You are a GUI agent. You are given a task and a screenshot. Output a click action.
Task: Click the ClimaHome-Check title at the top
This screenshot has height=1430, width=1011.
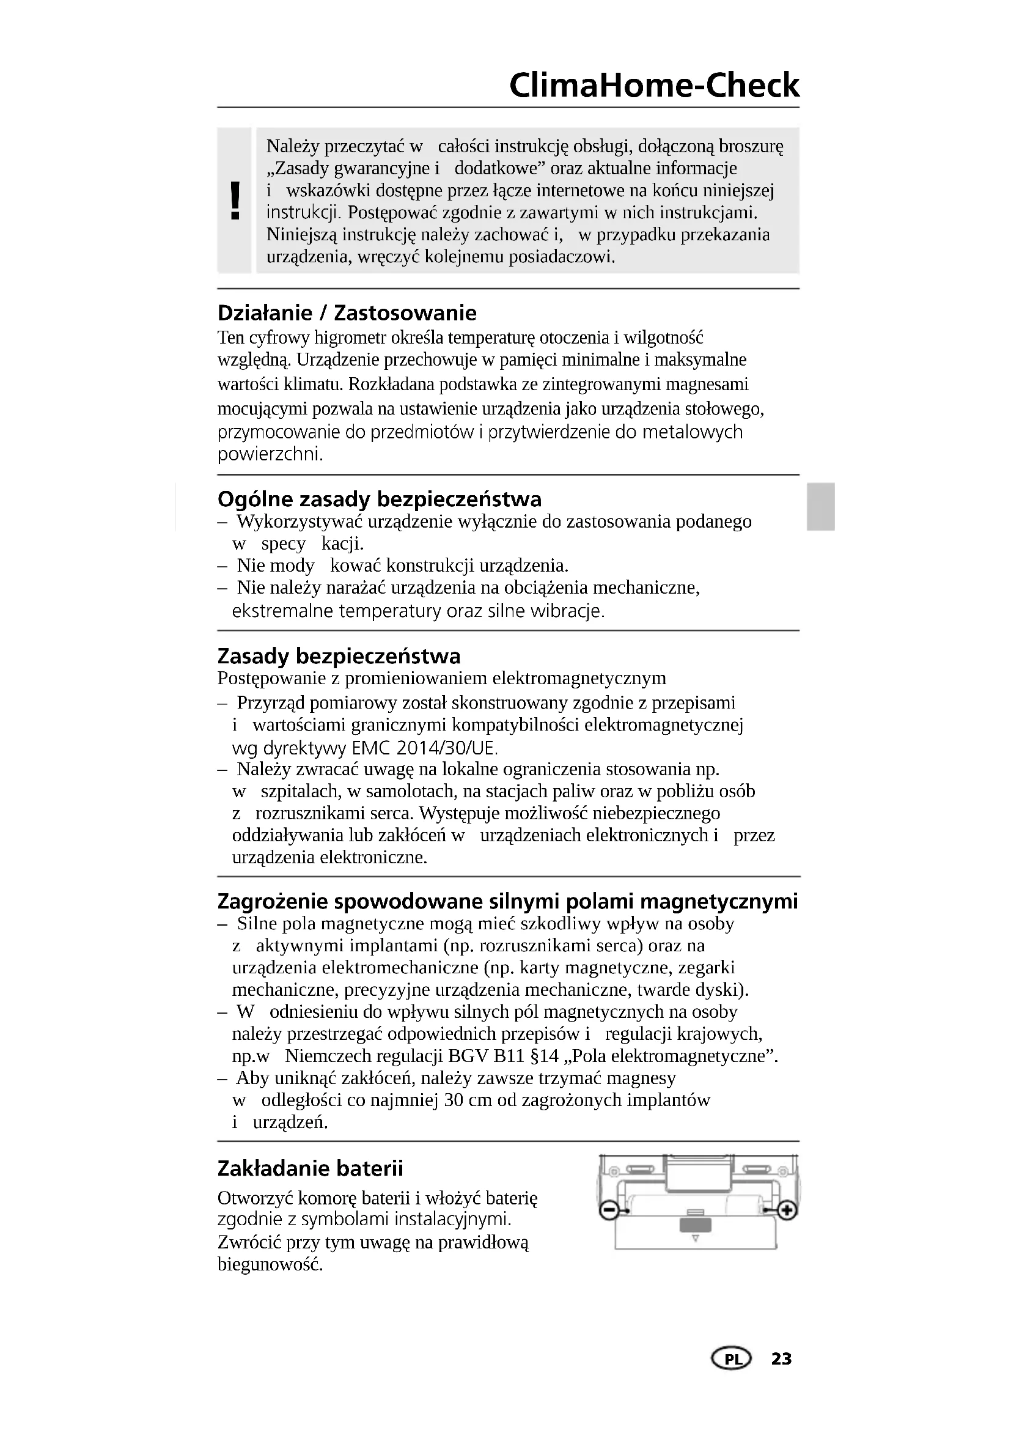click(653, 86)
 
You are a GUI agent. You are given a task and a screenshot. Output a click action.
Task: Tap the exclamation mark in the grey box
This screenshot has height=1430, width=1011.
click(235, 201)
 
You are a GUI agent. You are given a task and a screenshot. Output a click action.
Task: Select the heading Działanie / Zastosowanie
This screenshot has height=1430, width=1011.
click(347, 312)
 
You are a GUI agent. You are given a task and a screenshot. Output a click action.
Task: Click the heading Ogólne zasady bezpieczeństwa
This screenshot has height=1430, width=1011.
click(379, 499)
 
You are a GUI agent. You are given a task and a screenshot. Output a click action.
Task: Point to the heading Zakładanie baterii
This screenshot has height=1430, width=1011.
click(310, 1168)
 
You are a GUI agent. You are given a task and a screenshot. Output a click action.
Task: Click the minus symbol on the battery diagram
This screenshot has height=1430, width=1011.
click(608, 1210)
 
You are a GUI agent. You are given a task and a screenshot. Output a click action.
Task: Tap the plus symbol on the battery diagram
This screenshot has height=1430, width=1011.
click(787, 1210)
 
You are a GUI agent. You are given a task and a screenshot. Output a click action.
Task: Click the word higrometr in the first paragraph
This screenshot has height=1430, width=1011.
click(350, 338)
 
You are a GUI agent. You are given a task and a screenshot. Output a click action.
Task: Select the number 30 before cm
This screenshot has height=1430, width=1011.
click(454, 1100)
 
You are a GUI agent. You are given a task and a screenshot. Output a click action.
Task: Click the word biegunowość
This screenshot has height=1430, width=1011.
click(270, 1265)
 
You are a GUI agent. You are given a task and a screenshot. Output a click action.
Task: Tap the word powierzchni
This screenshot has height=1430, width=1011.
click(270, 454)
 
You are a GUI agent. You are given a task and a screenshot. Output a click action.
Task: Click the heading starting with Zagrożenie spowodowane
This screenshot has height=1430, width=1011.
click(507, 901)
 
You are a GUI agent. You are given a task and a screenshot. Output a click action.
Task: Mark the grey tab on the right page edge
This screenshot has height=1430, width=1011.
click(820, 507)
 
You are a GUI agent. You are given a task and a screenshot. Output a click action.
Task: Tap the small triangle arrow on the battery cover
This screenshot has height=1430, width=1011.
click(696, 1238)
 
